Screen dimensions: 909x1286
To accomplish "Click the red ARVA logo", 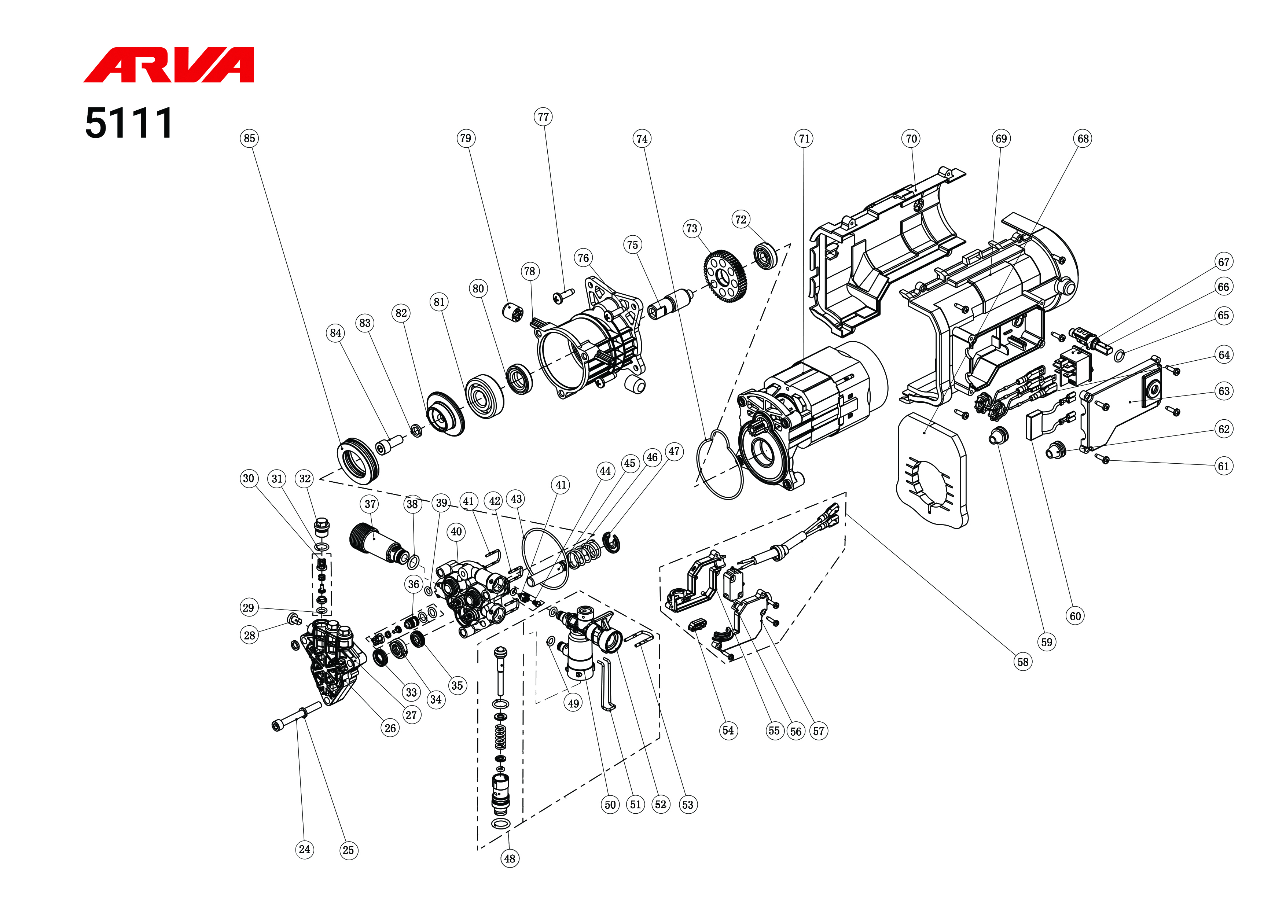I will pyautogui.click(x=169, y=65).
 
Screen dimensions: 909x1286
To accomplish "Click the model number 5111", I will pyautogui.click(x=128, y=123).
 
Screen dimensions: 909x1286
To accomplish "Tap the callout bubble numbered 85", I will pyautogui.click(x=249, y=138).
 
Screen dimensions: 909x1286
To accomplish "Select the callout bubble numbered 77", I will pyautogui.click(x=543, y=117).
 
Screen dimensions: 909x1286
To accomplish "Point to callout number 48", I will pyautogui.click(x=509, y=858).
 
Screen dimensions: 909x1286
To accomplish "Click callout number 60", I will pyautogui.click(x=1075, y=617).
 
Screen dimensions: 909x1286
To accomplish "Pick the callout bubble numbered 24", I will pyautogui.click(x=304, y=849).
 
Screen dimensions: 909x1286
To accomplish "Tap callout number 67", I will pyautogui.click(x=1224, y=262).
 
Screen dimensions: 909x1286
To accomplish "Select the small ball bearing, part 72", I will pyautogui.click(x=765, y=256).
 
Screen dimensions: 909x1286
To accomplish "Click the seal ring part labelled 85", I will pyautogui.click(x=357, y=459).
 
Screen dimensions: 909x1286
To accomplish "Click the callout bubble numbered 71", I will pyautogui.click(x=804, y=138).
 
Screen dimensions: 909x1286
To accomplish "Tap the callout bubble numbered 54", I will pyautogui.click(x=728, y=730).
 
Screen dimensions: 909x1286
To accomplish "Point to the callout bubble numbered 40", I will pyautogui.click(x=456, y=531).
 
